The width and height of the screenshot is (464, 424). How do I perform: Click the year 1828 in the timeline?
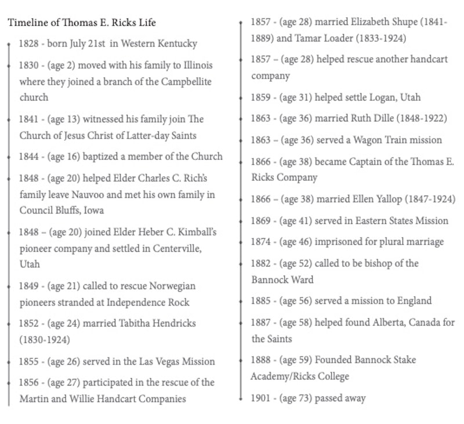pos(28,44)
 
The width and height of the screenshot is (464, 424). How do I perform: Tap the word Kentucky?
pos(177,44)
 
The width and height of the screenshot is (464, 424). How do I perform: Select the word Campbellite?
pos(184,81)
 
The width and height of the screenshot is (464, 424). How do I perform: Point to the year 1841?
pos(28,119)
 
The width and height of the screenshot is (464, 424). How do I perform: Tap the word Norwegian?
pos(169,286)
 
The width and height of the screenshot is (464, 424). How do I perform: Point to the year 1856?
pos(28,382)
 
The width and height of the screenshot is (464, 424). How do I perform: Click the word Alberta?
pos(380,322)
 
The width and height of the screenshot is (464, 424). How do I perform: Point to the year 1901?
pos(260,398)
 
